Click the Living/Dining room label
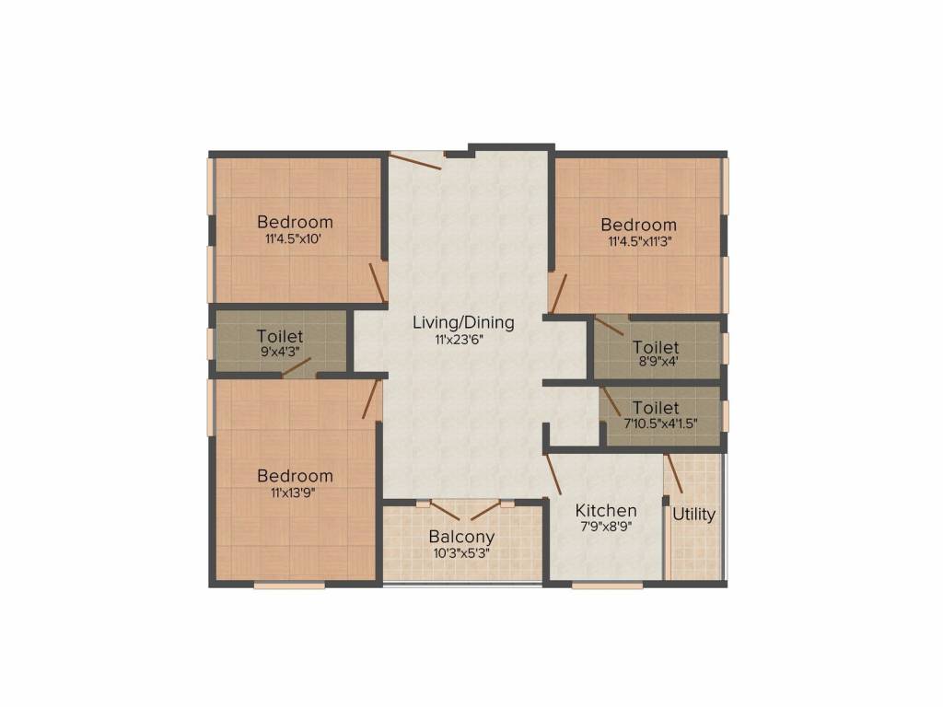(x=462, y=323)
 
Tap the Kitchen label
(x=605, y=511)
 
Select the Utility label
(x=693, y=515)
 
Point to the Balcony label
(x=461, y=537)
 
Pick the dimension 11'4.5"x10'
(x=295, y=238)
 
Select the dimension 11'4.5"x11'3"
(x=638, y=242)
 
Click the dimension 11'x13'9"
(x=295, y=493)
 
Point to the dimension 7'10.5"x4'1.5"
(x=656, y=423)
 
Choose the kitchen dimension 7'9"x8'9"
(x=605, y=527)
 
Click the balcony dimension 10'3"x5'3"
(x=461, y=553)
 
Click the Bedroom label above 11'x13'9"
(x=295, y=476)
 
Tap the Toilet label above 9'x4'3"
(x=280, y=337)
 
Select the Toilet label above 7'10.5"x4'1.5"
(x=656, y=408)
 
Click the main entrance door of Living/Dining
(x=415, y=162)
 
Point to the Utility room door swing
(x=675, y=474)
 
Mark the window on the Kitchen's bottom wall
(x=608, y=585)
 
